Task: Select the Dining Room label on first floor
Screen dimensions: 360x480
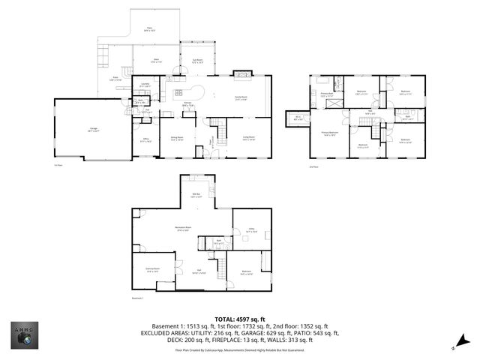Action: (x=177, y=139)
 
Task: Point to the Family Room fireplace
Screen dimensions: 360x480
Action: (x=241, y=73)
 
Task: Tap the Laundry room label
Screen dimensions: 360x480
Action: (x=145, y=85)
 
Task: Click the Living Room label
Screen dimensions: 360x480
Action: (x=249, y=139)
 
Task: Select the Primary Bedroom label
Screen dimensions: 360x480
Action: (x=331, y=133)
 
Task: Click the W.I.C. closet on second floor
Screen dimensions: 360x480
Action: (x=297, y=118)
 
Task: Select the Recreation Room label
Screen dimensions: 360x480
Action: (x=181, y=229)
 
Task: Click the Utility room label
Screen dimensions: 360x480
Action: (x=251, y=232)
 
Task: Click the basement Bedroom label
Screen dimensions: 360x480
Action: (x=247, y=273)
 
